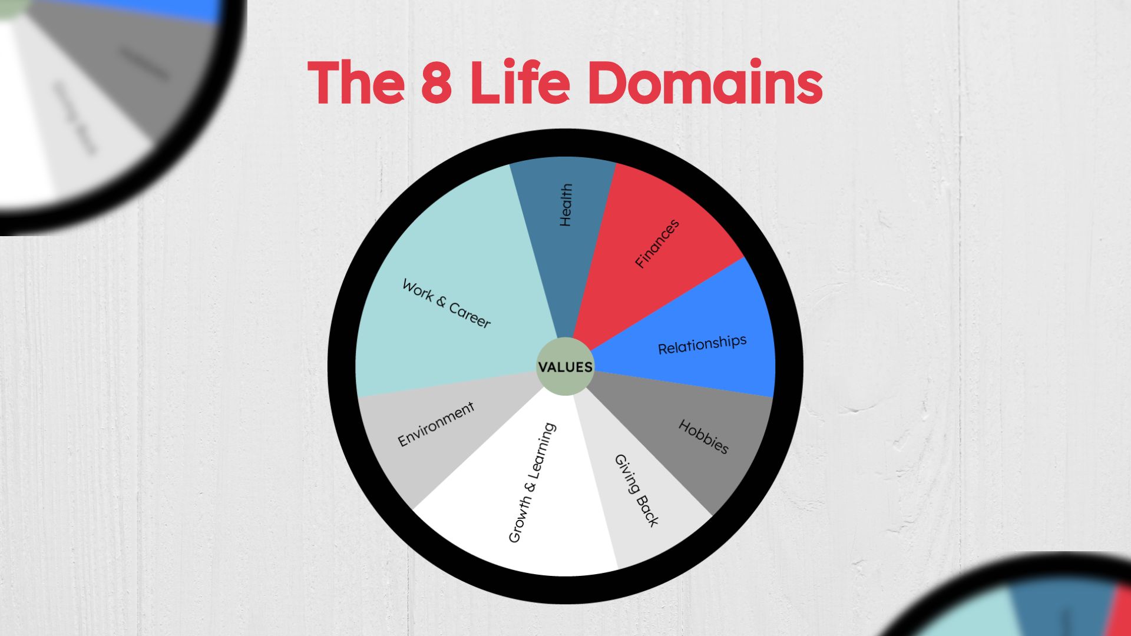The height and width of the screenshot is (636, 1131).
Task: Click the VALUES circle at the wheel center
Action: click(565, 366)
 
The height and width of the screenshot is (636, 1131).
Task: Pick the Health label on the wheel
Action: click(565, 205)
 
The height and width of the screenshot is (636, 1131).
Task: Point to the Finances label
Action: click(657, 244)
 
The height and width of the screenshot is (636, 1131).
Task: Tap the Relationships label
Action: click(702, 344)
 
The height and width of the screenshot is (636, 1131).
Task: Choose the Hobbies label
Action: click(703, 437)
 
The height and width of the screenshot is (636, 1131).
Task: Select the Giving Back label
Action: click(636, 490)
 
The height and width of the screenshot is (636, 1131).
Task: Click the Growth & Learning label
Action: click(531, 482)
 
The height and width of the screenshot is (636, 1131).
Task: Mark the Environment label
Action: click(436, 424)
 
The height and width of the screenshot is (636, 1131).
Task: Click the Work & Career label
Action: click(446, 303)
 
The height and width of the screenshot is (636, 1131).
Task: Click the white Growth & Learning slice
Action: click(518, 530)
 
